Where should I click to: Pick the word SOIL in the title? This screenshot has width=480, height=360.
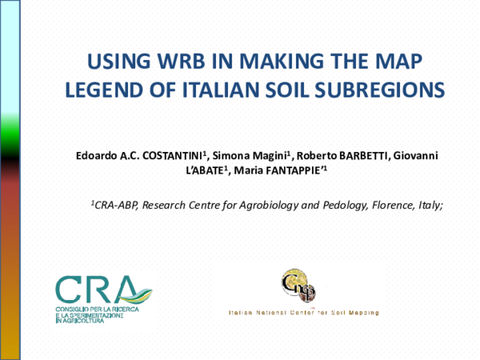point(298,87)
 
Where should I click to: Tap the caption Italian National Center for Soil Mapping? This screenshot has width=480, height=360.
point(303,313)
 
